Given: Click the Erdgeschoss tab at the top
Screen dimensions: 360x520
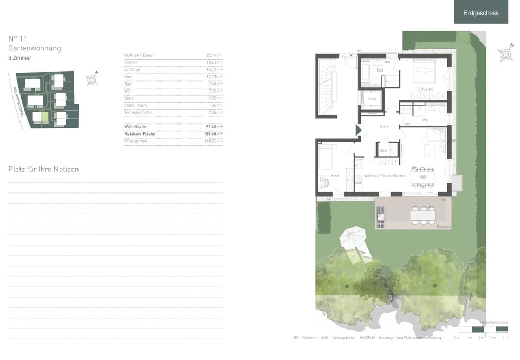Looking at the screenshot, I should point(481,12).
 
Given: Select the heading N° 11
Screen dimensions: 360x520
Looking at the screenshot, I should point(18,38).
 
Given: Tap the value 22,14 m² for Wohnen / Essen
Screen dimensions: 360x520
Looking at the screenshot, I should point(214,55).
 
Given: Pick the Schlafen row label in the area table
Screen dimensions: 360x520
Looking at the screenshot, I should point(132,69).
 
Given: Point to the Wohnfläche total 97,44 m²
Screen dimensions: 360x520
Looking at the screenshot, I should point(214,126).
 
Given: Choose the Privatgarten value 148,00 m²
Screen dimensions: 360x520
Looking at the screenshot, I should point(214,140).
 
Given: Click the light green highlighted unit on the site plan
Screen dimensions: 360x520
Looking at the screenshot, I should point(45,116).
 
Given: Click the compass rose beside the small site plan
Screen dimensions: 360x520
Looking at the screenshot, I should point(92,80).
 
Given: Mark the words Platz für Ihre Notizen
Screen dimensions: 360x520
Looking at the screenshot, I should point(43,169).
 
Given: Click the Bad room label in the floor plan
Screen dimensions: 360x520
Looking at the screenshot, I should point(380,70).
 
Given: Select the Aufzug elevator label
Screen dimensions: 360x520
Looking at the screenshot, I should point(372,99).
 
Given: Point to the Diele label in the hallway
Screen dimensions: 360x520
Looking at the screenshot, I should point(384,126).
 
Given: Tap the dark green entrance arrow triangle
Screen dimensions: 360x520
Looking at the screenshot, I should point(358,130).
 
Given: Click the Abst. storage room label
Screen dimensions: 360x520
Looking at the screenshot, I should point(383,150).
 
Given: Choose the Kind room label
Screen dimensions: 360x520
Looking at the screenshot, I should point(334,176).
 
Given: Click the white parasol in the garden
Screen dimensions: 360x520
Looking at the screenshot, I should point(353,237).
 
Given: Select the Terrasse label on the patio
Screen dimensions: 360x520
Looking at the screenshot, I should point(444,226).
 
